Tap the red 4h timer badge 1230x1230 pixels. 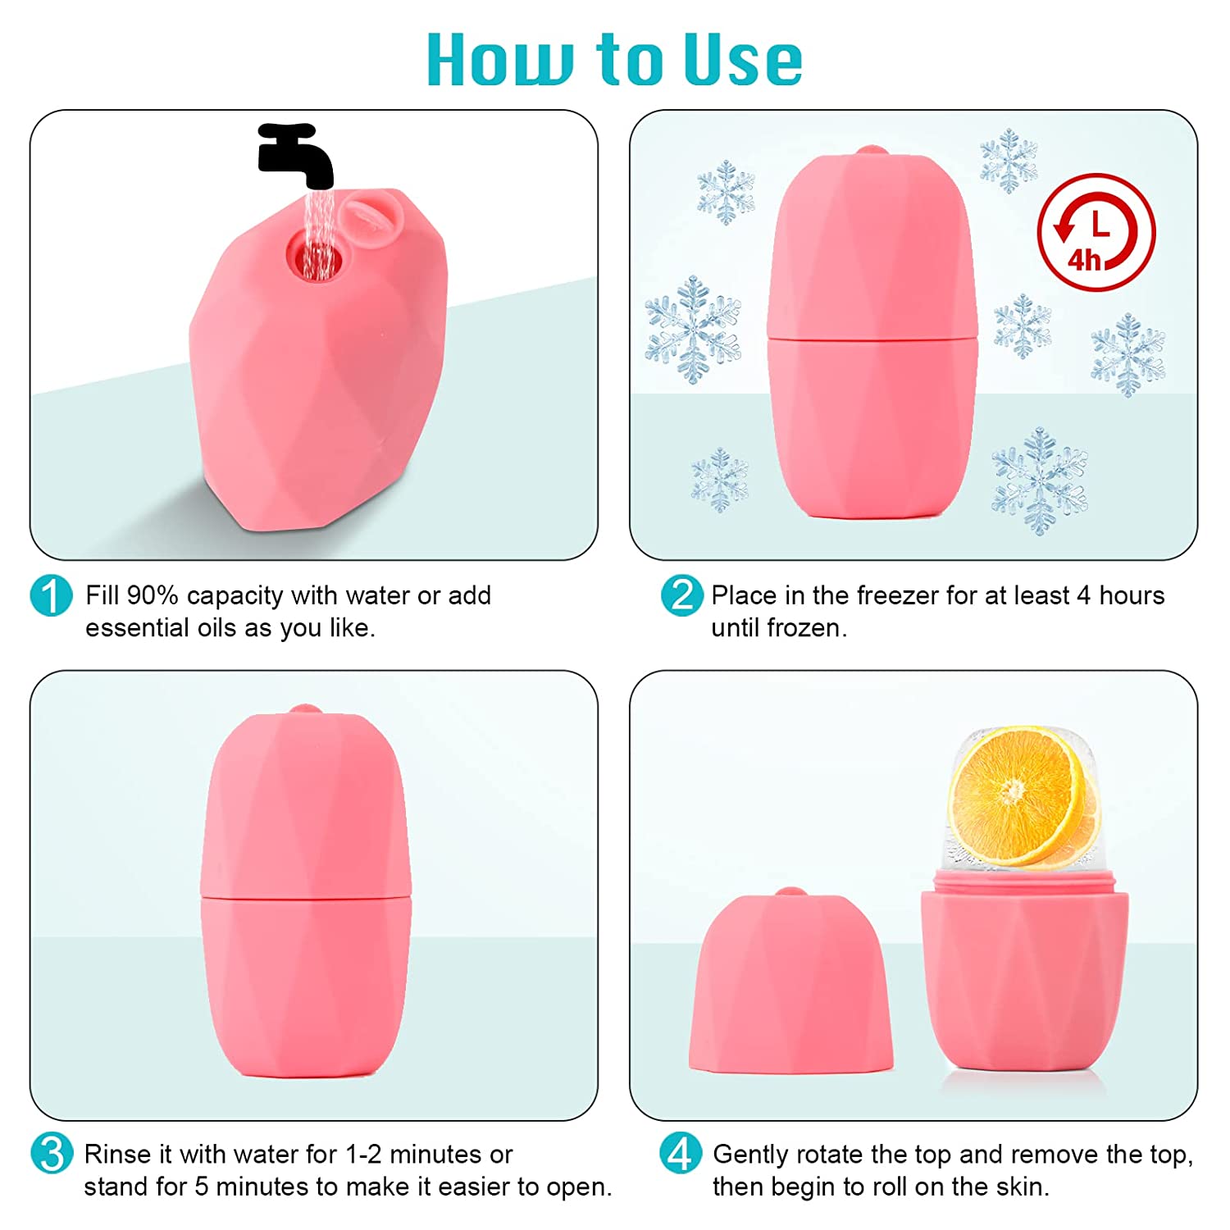click(x=1096, y=233)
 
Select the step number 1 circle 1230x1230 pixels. click(x=51, y=595)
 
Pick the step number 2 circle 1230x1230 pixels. click(x=681, y=595)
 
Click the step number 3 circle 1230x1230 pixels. click(x=51, y=1154)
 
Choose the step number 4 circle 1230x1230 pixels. click(x=681, y=1154)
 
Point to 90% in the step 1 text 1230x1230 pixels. click(x=153, y=595)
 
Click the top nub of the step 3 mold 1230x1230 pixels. click(x=305, y=710)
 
